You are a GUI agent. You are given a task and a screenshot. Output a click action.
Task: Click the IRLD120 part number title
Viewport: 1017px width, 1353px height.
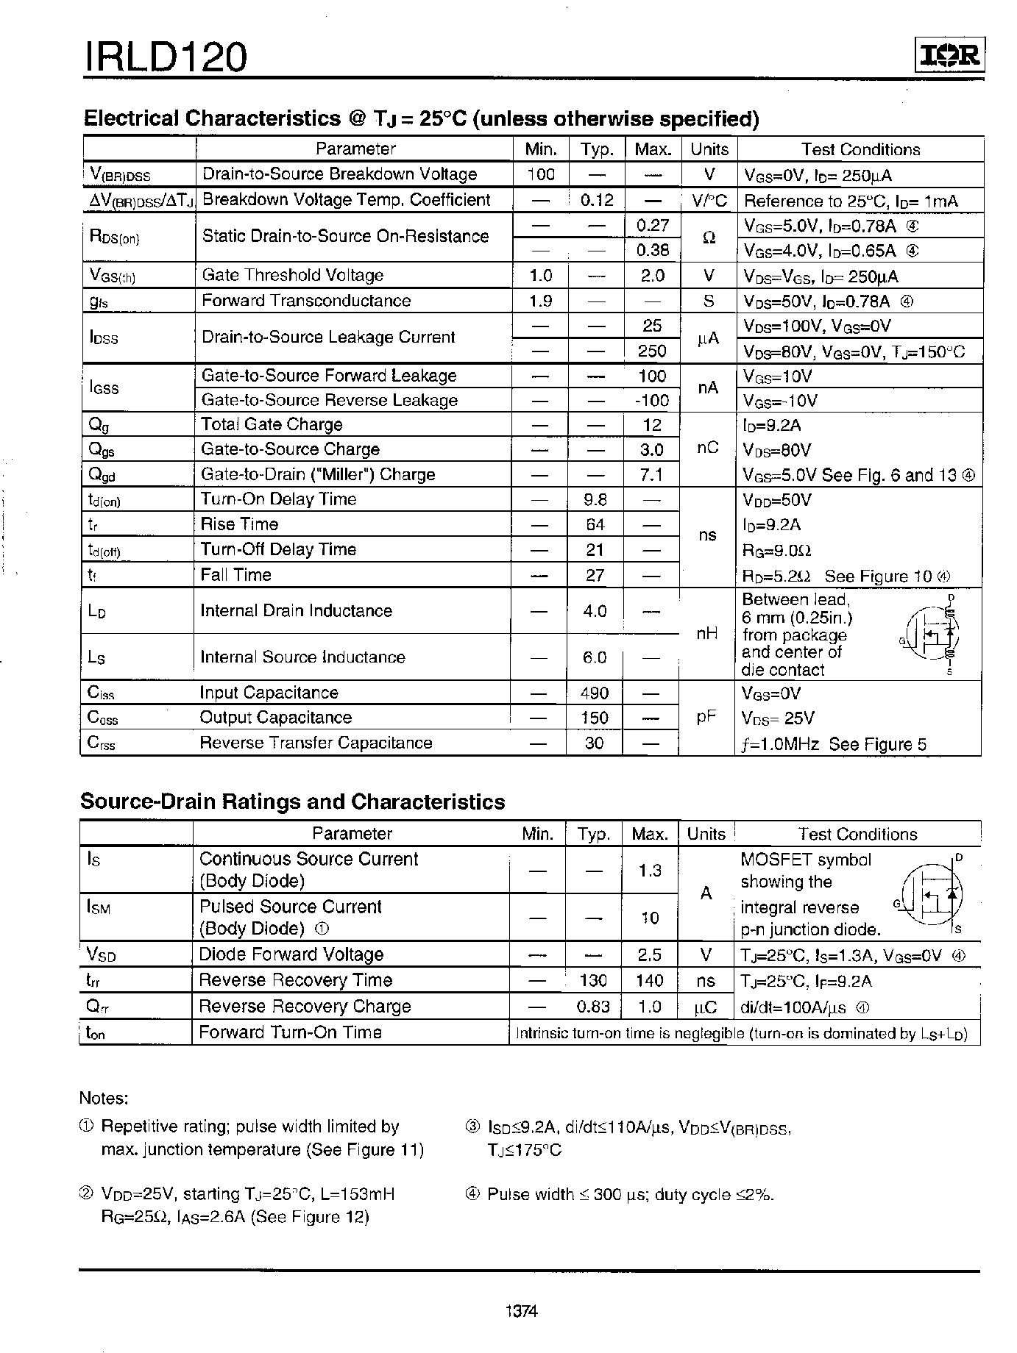point(166,57)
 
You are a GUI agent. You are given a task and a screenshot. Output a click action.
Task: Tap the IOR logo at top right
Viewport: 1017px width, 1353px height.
point(949,56)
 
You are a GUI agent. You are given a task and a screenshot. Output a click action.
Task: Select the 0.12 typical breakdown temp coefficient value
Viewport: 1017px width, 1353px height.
point(596,200)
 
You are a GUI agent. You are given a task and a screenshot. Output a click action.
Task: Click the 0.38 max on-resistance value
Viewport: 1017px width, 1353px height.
point(652,250)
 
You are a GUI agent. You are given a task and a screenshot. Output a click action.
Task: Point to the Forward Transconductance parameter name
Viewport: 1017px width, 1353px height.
point(306,301)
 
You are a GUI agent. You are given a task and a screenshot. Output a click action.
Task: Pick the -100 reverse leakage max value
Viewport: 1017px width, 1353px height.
point(652,401)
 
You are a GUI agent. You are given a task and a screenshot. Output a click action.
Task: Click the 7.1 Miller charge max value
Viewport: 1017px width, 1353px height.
point(651,475)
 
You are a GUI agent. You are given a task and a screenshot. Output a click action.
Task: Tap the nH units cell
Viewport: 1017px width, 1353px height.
point(706,634)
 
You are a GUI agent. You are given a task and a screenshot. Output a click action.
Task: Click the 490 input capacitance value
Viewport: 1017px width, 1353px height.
point(594,693)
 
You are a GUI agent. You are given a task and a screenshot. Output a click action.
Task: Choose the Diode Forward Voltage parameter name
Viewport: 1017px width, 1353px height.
point(291,954)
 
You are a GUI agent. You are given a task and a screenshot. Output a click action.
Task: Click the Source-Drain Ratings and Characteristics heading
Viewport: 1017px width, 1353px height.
point(292,802)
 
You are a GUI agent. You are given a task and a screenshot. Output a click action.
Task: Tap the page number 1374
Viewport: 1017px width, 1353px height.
point(522,1311)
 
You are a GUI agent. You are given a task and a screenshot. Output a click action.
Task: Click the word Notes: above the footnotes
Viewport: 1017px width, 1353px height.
point(104,1099)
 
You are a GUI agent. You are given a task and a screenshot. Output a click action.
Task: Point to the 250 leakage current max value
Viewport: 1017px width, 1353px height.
point(652,351)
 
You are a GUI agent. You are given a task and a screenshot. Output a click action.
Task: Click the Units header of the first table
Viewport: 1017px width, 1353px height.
point(709,149)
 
